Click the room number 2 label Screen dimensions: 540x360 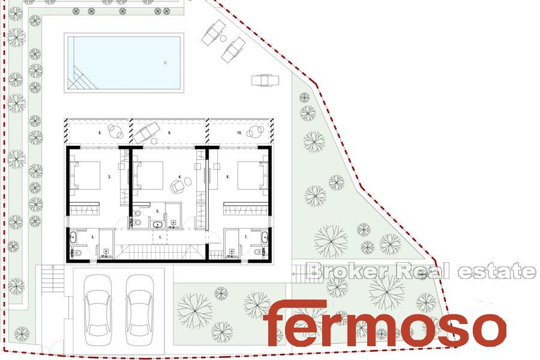110,177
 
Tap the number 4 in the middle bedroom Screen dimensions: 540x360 180,177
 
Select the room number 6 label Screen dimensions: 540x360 227,177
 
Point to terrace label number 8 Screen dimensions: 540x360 100,133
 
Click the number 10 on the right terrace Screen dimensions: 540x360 239,133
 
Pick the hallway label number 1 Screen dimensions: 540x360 160,238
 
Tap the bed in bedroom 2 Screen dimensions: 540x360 85,175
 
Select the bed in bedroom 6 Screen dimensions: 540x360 253,175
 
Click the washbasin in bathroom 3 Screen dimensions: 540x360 73,237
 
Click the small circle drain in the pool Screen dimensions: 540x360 166,62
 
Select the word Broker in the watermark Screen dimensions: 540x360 349,271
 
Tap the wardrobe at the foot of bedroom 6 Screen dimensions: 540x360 245,209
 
